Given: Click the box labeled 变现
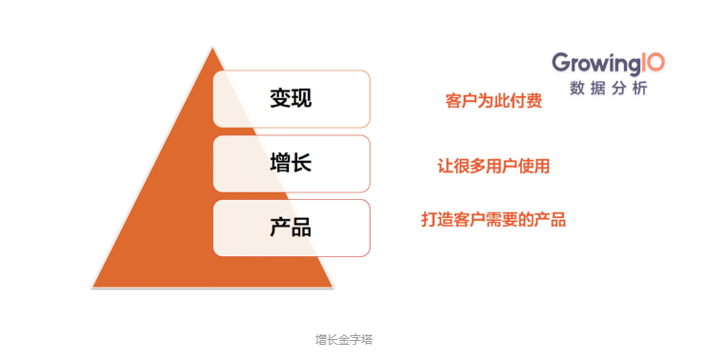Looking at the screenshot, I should click(x=292, y=98).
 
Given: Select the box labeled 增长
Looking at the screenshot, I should click(x=292, y=163).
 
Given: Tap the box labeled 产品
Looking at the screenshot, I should click(x=292, y=228).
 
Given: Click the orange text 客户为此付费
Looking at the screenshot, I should click(x=494, y=100).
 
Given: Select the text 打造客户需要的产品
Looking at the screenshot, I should click(x=494, y=220).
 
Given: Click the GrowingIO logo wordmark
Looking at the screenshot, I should click(x=608, y=64).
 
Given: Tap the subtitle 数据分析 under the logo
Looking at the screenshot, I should click(x=608, y=89).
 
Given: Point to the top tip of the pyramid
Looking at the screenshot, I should click(x=212, y=48).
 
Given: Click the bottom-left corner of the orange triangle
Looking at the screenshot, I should click(x=93, y=286).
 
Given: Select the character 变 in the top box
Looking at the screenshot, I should click(x=279, y=98).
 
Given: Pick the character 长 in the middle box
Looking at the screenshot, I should click(x=302, y=163).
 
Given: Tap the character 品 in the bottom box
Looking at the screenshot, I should click(x=302, y=228).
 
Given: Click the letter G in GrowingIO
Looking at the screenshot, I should click(x=560, y=63).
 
